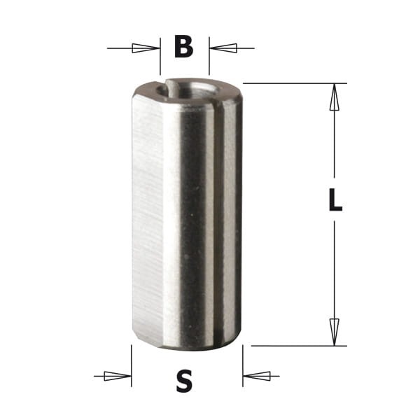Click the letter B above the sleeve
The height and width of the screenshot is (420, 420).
pyautogui.click(x=183, y=47)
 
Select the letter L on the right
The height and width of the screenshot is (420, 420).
pyautogui.click(x=335, y=202)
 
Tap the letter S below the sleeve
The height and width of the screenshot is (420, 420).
pyautogui.click(x=184, y=381)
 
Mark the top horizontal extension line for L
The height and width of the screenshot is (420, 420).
pyautogui.click(x=294, y=83)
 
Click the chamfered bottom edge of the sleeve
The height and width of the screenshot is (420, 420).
pyautogui.click(x=185, y=343)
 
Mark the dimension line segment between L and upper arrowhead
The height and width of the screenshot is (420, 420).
pyautogui.click(x=335, y=147)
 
